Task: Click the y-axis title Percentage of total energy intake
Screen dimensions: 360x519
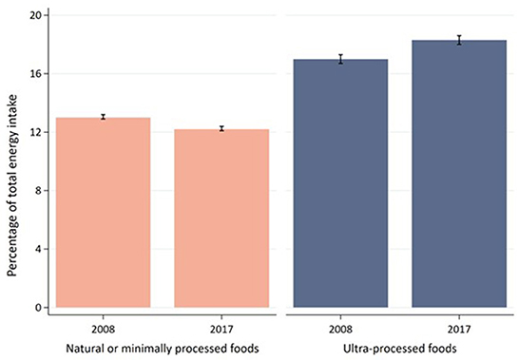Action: pyautogui.click(x=11, y=161)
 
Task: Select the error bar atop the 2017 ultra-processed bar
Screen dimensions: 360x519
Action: pyautogui.click(x=458, y=40)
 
